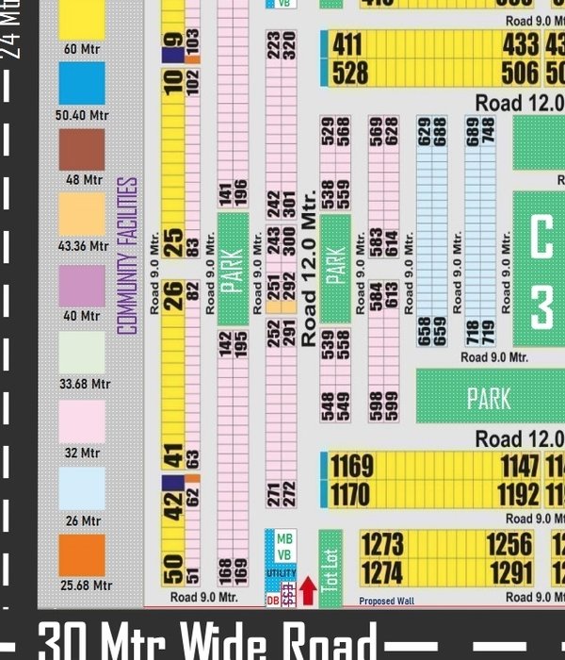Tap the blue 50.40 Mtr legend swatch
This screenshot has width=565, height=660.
(x=82, y=83)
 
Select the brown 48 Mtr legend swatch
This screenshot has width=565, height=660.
(x=82, y=150)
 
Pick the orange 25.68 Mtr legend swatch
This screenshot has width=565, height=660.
(x=82, y=555)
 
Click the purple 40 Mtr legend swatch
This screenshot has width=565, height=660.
(x=82, y=286)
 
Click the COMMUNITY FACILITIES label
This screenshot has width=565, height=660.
(x=128, y=256)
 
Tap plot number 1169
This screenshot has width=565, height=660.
(x=352, y=467)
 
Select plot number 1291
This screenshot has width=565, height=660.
(x=511, y=573)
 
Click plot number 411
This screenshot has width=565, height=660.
(x=347, y=44)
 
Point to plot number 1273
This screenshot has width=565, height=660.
(x=381, y=545)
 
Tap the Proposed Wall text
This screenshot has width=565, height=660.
(x=387, y=601)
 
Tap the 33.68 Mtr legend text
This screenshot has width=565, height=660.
(x=85, y=385)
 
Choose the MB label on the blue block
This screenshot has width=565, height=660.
(x=284, y=538)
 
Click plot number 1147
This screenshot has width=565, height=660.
(x=521, y=467)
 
